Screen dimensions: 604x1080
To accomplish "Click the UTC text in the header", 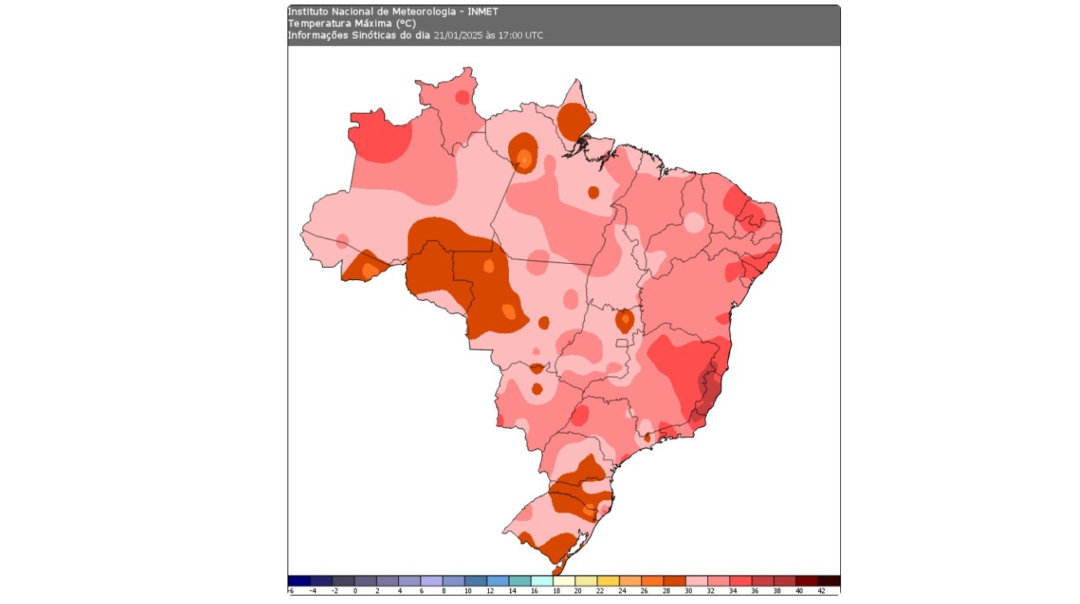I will [534, 35].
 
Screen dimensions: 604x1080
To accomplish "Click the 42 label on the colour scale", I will [821, 591].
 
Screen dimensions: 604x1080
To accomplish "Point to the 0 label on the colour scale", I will [355, 591].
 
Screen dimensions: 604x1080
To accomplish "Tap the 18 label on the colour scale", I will [556, 591].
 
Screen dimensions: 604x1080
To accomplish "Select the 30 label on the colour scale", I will [689, 591].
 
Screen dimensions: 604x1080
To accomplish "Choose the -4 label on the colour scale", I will [312, 591].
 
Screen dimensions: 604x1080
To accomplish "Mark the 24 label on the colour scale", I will [622, 591].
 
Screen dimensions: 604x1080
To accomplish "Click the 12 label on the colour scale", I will [489, 591].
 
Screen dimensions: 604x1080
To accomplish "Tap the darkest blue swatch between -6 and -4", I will [299, 581].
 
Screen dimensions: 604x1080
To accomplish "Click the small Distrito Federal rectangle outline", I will [622, 342].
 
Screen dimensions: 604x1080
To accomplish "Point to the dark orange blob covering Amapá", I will [574, 120].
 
